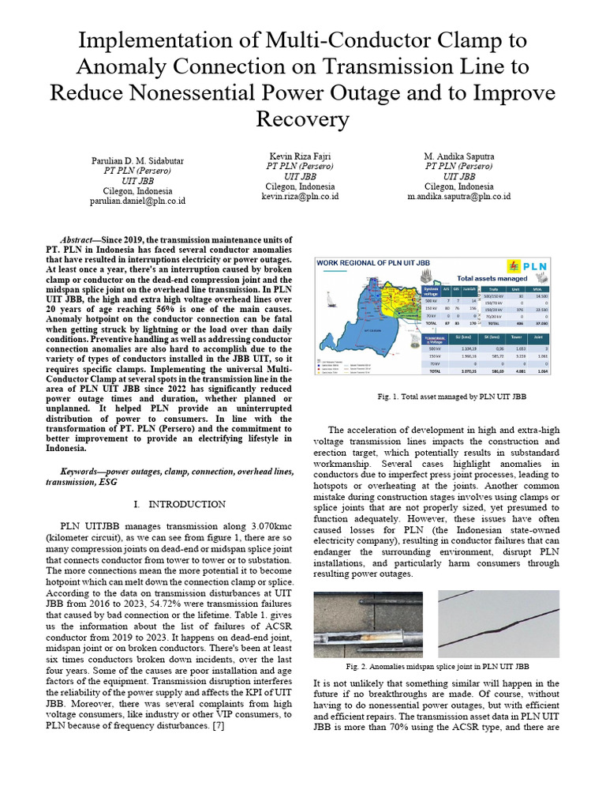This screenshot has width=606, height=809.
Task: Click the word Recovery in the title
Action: tap(302, 119)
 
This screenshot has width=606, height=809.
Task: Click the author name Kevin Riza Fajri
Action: tap(300, 157)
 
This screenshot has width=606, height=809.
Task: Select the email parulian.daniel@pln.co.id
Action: tap(137, 201)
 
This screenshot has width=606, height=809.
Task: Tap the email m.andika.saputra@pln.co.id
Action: tap(458, 195)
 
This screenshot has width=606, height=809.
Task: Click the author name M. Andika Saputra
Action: tap(458, 157)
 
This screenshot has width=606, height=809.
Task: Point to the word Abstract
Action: tap(80, 239)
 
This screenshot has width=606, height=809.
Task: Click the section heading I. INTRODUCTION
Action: tap(180, 504)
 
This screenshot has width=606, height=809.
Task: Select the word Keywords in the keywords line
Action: tap(84, 472)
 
